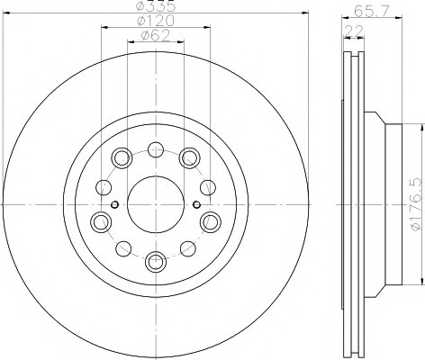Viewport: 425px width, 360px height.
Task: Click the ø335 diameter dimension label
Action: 156,5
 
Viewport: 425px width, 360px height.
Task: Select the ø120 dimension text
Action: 156,21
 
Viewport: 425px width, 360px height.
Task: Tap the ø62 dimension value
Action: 156,36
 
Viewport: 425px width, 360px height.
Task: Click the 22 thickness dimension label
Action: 354,31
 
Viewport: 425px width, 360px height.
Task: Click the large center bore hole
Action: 156,204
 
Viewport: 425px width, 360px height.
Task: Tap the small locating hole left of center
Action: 114,204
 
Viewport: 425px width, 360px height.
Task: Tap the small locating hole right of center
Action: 196,204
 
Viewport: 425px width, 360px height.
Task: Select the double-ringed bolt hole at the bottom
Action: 156,261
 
